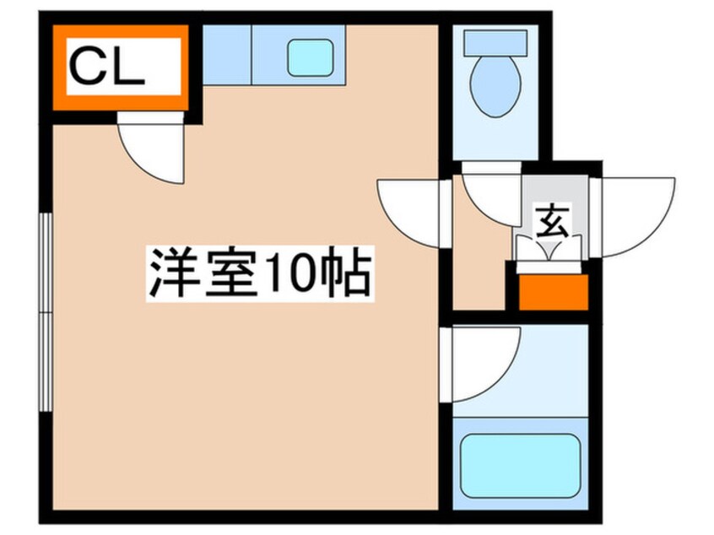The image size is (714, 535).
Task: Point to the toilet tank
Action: (x=496, y=41)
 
